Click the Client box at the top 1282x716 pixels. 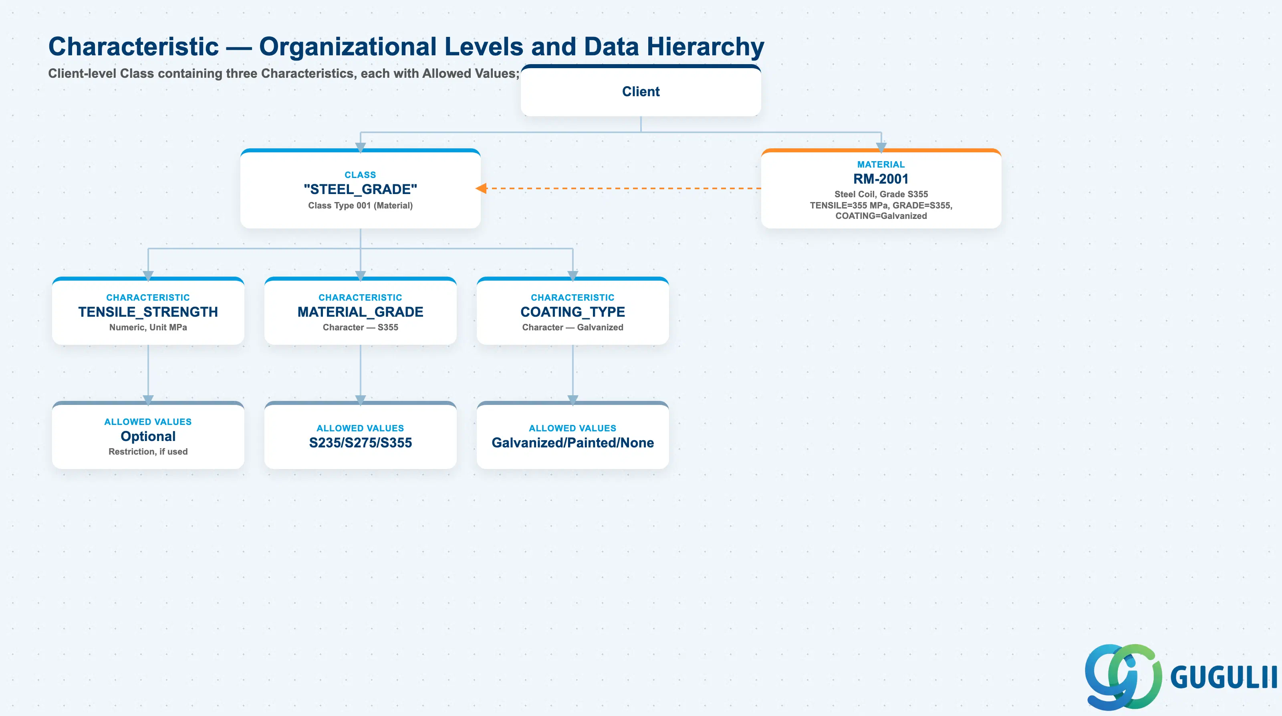[641, 91]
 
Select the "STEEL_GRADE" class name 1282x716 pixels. [360, 189]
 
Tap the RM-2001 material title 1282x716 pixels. [881, 179]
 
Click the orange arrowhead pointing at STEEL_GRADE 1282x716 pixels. [481, 188]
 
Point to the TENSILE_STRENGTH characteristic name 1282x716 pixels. [148, 311]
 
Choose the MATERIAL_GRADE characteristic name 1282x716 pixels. [360, 311]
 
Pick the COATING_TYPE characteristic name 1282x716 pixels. [572, 311]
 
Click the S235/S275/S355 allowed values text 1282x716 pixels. [360, 443]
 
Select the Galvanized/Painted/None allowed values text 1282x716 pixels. [572, 443]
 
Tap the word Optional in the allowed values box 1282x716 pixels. [148, 436]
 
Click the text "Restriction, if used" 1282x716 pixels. [148, 451]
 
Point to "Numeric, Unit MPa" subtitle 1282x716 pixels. [148, 327]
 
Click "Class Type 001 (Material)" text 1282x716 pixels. [360, 205]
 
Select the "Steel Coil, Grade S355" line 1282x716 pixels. [881, 194]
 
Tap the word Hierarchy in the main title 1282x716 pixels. [705, 47]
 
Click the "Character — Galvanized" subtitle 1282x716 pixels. [572, 327]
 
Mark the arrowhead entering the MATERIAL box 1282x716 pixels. [881, 148]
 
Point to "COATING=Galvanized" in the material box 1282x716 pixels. [881, 216]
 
